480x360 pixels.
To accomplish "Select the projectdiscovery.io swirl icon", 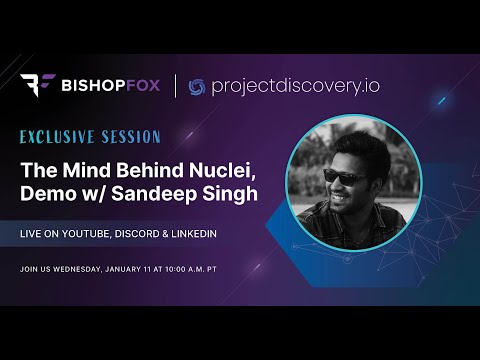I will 197,87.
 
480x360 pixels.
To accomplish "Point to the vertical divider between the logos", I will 177,87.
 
